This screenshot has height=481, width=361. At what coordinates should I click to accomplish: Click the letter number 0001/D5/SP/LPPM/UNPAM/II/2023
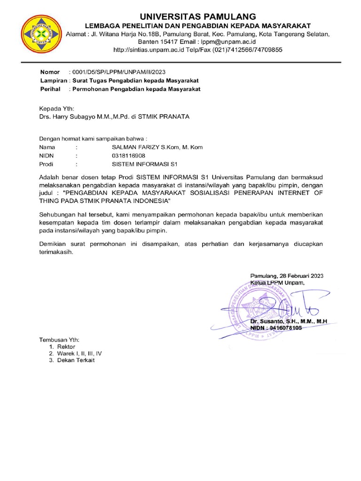coord(117,72)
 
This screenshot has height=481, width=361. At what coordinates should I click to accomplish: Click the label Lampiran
coord(53,80)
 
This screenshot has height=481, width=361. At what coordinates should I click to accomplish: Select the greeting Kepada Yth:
coord(56,108)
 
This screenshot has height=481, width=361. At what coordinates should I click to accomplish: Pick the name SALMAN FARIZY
coord(134,147)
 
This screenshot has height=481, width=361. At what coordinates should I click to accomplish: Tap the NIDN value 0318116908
coord(129,155)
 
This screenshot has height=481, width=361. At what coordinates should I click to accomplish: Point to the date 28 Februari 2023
coord(302,276)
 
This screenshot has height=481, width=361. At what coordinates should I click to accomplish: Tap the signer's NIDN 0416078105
coord(284,328)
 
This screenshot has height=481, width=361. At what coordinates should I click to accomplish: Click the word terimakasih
coord(56,252)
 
